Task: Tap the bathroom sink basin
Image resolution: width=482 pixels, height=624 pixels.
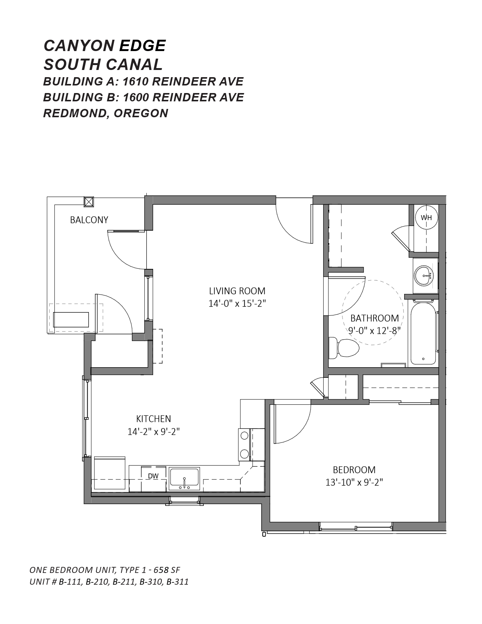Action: click(x=424, y=276)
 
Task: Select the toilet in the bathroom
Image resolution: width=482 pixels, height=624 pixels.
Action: click(x=344, y=348)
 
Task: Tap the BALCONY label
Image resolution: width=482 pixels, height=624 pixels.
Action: click(x=89, y=220)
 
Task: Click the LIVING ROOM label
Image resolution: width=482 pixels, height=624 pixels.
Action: click(x=237, y=291)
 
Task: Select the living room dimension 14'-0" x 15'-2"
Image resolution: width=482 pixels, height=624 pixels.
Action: click(x=237, y=304)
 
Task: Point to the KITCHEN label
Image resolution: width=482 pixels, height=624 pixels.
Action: click(x=153, y=419)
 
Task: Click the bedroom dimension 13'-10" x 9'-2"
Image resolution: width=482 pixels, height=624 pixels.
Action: click(x=354, y=483)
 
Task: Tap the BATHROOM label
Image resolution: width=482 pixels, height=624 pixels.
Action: click(x=375, y=318)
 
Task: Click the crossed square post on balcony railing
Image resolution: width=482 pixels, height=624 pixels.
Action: click(x=89, y=202)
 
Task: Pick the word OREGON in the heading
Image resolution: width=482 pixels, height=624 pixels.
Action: click(x=141, y=113)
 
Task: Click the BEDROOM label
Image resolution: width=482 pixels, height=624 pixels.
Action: click(x=354, y=470)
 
